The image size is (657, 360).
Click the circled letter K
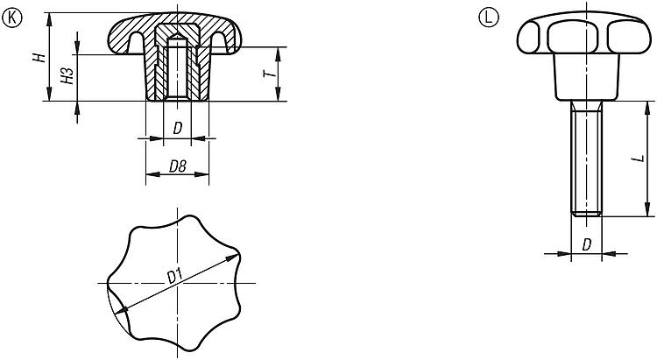pyautogui.click(x=11, y=18)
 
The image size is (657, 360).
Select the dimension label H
pyautogui.click(x=39, y=58)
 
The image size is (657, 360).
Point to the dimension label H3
pyautogui.click(x=67, y=75)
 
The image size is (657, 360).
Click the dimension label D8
pyautogui.click(x=178, y=166)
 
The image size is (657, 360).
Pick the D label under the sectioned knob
pyautogui.click(x=178, y=128)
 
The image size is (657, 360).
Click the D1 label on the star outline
pyautogui.click(x=174, y=277)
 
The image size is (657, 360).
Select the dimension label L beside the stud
pyautogui.click(x=639, y=159)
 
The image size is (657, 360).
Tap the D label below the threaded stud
pyautogui.click(x=587, y=244)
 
